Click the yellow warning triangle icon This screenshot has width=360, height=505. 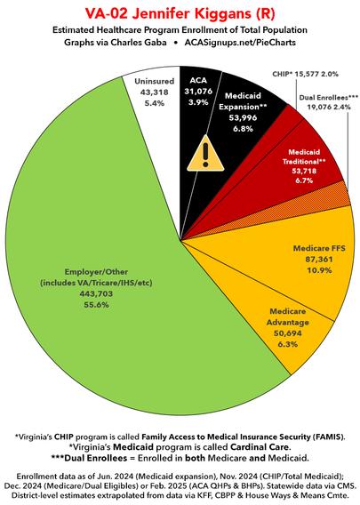pos(205,154)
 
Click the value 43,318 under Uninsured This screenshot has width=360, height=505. pos(155,92)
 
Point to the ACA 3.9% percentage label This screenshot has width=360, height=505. pos(198,102)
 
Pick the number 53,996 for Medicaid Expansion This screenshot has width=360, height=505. pos(243,117)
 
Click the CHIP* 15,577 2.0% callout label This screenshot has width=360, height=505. pos(305,74)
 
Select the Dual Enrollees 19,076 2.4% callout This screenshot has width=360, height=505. pos(328,102)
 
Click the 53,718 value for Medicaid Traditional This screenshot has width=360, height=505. pos(304,171)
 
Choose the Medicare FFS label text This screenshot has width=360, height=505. pos(319,248)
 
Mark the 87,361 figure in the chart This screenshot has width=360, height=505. pos(319,260)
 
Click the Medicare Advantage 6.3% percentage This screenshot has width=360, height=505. pos(287,344)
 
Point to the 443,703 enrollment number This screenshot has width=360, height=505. pos(96,293)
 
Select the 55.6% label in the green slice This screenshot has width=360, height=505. pos(96,305)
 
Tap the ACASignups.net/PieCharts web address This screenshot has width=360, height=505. pos(240,42)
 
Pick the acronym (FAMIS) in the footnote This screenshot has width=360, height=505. pos(328,437)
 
